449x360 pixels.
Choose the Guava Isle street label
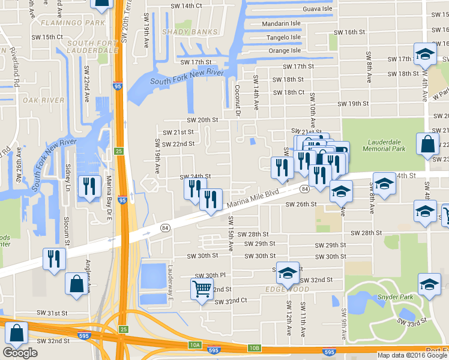[x=301, y=9]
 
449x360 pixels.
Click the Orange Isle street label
[x=284, y=51]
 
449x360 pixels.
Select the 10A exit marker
[x=194, y=344]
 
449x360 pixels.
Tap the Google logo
[x=20, y=353]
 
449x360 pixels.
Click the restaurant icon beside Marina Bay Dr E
[x=88, y=185]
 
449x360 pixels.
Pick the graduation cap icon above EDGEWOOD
[x=288, y=272]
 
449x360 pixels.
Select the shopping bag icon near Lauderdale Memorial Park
[x=427, y=145]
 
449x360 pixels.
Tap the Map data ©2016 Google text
[x=411, y=355]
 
